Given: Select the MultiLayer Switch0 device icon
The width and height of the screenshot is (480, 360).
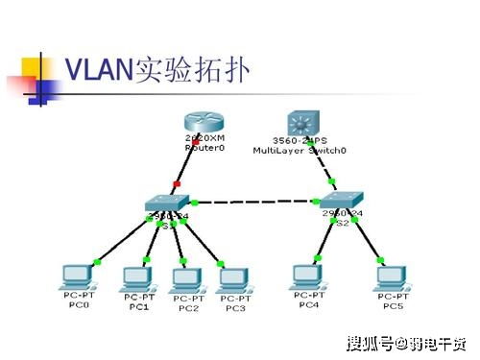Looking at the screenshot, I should click(x=305, y=123).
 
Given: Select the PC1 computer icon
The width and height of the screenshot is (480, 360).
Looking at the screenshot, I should click(x=137, y=277).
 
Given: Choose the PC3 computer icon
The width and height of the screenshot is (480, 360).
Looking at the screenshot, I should click(x=232, y=278).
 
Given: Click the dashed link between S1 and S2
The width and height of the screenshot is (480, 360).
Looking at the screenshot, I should click(x=257, y=202).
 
